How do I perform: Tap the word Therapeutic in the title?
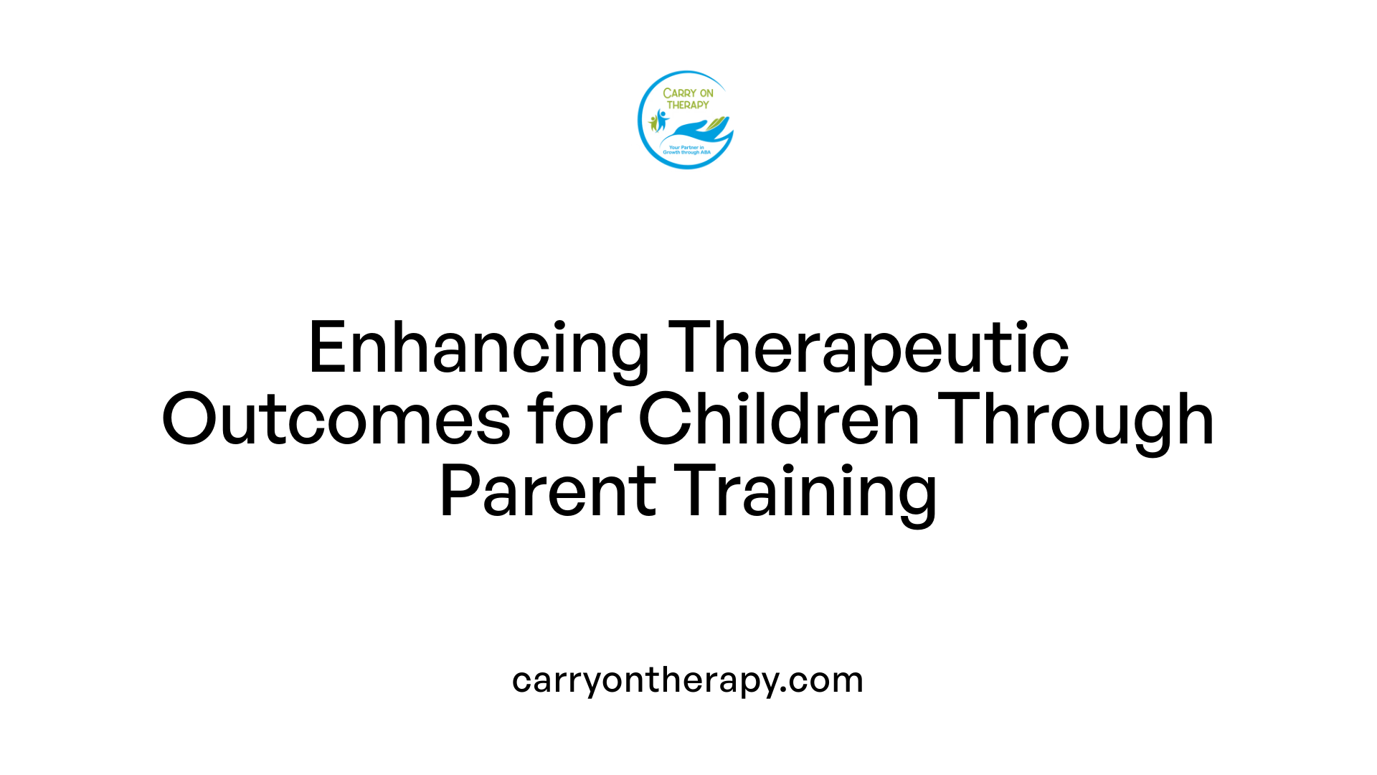click(868, 349)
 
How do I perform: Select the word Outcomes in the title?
click(336, 420)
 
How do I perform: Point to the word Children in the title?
click(778, 420)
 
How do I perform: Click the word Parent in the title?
click(547, 492)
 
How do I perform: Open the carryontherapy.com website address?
click(687, 680)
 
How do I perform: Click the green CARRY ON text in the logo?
click(688, 93)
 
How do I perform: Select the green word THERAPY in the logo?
click(688, 105)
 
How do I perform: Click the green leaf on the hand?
click(718, 124)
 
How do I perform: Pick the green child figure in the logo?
click(653, 123)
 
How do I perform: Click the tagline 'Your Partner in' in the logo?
click(686, 148)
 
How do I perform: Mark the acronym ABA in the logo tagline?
click(705, 153)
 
